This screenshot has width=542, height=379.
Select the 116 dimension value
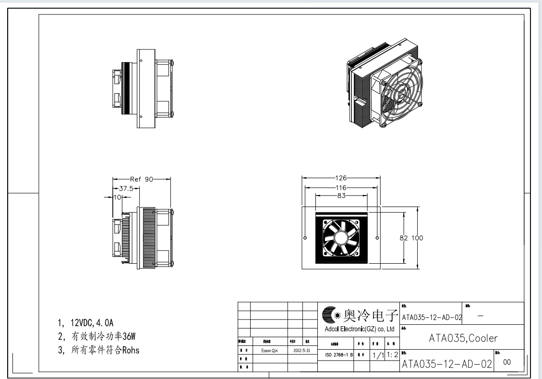(x=341, y=187)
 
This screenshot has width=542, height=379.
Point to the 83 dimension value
(x=341, y=196)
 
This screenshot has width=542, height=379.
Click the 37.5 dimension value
(x=126, y=188)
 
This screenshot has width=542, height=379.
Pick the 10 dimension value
(x=117, y=197)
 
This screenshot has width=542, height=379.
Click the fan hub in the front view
(x=340, y=238)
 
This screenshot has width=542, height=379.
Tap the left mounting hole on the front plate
(x=305, y=238)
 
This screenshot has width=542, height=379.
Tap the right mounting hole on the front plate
(x=377, y=238)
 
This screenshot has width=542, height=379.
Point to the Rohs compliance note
(x=98, y=350)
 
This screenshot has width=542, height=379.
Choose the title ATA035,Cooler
(x=463, y=338)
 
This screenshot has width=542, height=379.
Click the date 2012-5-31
(x=302, y=351)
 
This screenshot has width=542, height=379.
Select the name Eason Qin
(x=269, y=351)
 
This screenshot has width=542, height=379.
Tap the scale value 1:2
(x=392, y=355)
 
